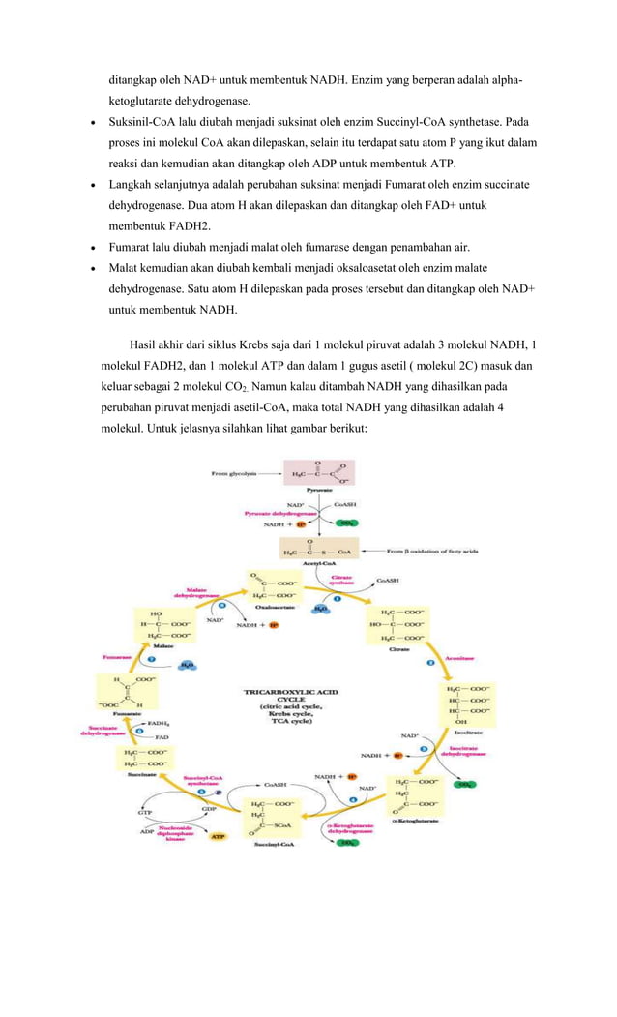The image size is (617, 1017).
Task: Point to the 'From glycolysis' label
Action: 234,474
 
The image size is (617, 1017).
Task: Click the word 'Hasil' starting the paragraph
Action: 144,345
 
